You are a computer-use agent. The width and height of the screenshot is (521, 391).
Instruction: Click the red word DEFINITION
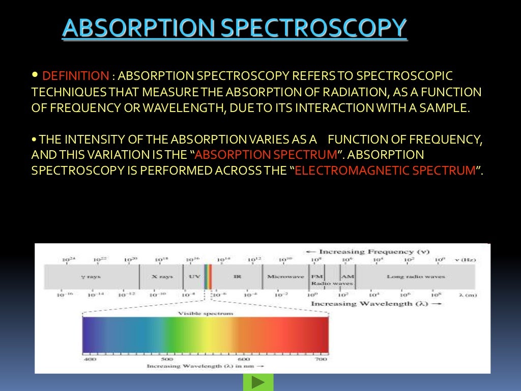click(75, 76)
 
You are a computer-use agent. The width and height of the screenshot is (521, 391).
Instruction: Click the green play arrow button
click(258, 382)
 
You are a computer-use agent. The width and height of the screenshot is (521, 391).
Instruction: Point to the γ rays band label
click(92, 277)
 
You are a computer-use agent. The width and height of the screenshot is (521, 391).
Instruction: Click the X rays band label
click(162, 277)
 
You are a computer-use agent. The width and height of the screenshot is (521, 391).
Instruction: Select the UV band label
click(194, 277)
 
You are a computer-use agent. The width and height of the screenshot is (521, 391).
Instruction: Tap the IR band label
click(237, 277)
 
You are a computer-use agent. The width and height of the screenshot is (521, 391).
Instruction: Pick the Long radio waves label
click(416, 277)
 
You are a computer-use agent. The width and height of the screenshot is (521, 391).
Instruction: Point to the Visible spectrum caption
click(206, 314)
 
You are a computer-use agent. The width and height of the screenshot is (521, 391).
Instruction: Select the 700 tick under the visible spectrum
click(321, 359)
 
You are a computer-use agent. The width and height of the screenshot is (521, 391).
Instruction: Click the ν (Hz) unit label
click(465, 260)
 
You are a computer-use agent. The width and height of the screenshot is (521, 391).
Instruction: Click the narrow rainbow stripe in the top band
click(208, 277)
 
